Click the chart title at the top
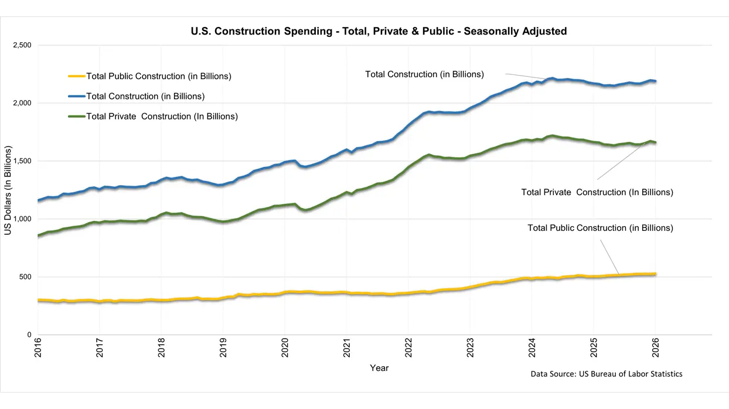[x=379, y=31]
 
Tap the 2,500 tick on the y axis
[x=22, y=45]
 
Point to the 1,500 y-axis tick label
[x=22, y=161]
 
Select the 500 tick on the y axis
[x=25, y=277]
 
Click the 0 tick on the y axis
[x=29, y=335]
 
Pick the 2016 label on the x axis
[x=38, y=348]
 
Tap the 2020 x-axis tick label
[x=285, y=348]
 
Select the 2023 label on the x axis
[x=470, y=348]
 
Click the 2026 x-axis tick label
[x=655, y=348]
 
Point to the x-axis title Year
[x=379, y=368]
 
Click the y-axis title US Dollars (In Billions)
[x=8, y=190]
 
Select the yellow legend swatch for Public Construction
[x=77, y=76]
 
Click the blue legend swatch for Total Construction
[x=77, y=96]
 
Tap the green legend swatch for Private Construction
[x=77, y=117]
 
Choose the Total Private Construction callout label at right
[x=597, y=192]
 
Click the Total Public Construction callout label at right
[x=600, y=228]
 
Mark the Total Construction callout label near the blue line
[x=424, y=74]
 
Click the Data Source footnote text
[x=607, y=374]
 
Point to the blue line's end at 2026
[x=655, y=81]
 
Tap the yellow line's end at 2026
[x=655, y=274]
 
